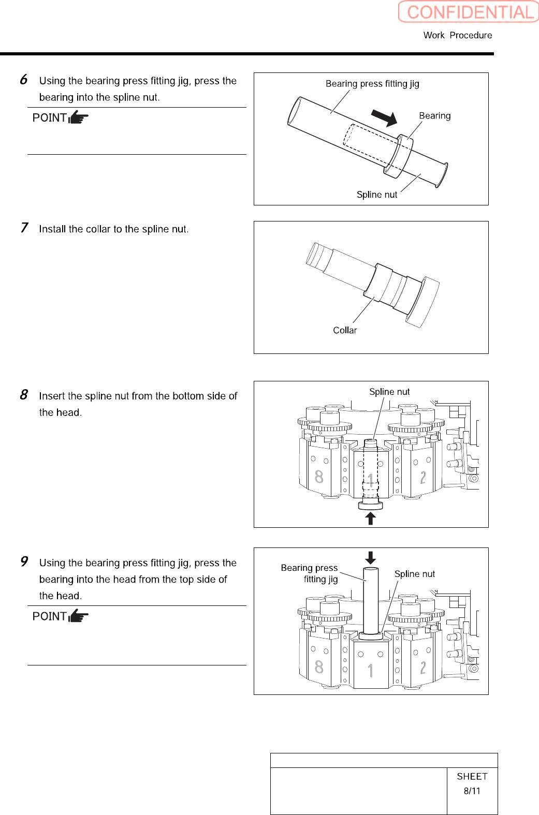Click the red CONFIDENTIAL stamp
click(469, 12)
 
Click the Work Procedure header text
click(458, 35)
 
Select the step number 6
click(24, 80)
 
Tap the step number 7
click(24, 228)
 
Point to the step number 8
click(24, 395)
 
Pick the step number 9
click(24, 561)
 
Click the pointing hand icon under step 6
click(79, 117)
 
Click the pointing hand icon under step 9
click(79, 616)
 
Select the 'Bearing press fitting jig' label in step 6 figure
click(372, 84)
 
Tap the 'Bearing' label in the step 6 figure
click(434, 116)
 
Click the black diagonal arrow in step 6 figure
click(384, 117)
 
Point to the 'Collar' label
click(345, 330)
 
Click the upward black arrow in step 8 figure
click(370, 518)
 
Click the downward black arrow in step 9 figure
click(370, 557)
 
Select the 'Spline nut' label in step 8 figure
click(389, 392)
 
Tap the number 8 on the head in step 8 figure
click(319, 477)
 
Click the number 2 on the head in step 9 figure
click(423, 668)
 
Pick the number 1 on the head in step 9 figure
click(370, 671)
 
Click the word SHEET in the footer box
click(472, 776)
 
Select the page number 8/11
click(472, 791)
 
